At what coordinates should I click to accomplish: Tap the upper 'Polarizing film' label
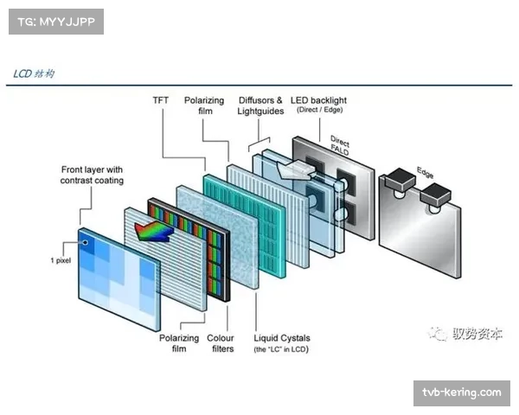[x=204, y=105]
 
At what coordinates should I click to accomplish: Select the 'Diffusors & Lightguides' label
[x=260, y=105]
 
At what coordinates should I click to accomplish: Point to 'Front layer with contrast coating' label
[x=93, y=175]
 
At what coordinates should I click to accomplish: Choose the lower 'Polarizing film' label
[x=178, y=343]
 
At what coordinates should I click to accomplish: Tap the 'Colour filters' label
[x=221, y=343]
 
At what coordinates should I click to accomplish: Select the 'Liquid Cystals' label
[x=282, y=338]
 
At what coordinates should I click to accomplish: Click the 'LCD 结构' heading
[x=35, y=73]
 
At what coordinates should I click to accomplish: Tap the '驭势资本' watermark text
[x=477, y=333]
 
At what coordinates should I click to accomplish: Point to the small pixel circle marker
[x=86, y=243]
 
